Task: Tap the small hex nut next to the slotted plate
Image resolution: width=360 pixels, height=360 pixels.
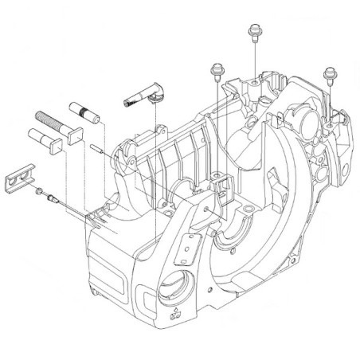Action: pos(38,192)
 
